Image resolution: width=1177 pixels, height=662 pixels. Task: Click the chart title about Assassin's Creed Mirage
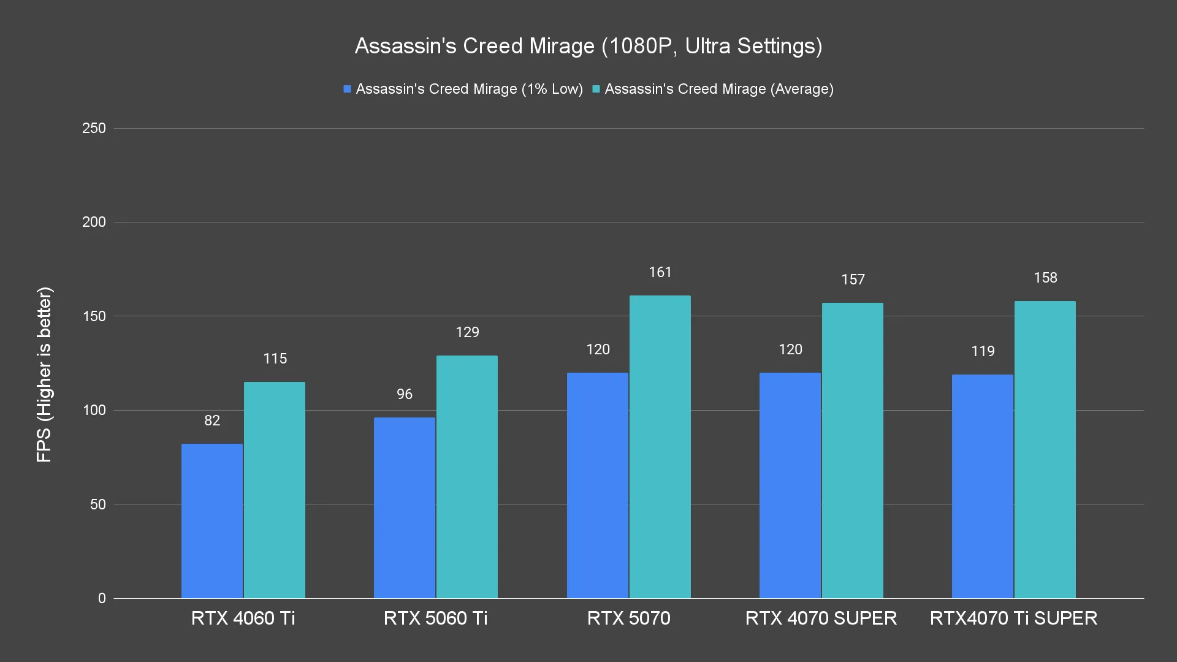[x=588, y=46]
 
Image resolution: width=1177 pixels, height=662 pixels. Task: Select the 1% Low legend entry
[x=463, y=89]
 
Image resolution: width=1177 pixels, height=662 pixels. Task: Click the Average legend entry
[x=713, y=89]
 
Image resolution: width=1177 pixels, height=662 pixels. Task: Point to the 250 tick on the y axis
[x=94, y=128]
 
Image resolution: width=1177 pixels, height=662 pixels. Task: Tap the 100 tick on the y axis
[x=94, y=410]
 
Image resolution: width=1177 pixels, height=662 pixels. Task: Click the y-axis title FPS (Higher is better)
[x=44, y=374]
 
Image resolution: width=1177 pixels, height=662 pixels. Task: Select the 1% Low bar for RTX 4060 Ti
[x=212, y=521]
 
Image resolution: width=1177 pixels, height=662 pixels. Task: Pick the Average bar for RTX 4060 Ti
[x=275, y=490]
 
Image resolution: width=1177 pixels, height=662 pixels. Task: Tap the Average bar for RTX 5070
[x=660, y=447]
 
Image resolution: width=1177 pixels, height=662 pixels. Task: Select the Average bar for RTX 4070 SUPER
[x=853, y=451]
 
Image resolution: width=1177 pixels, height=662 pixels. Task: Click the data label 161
[x=660, y=272]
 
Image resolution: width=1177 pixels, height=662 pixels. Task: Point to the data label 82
[x=212, y=420]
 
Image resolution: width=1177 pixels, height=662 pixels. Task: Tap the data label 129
[x=467, y=332]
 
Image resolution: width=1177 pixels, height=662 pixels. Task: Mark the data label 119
[x=983, y=351]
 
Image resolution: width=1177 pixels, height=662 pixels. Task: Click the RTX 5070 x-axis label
[x=629, y=618]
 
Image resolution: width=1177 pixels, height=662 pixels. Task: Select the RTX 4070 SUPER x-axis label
[x=821, y=618]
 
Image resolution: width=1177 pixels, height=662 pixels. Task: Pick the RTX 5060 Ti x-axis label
[x=436, y=618]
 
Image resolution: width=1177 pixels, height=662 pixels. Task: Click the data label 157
[x=853, y=280]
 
